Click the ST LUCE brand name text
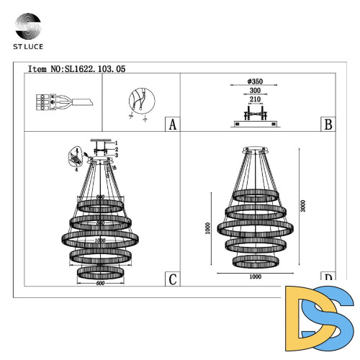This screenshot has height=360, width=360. click(x=27, y=48)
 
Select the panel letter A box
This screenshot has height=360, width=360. click(x=171, y=124)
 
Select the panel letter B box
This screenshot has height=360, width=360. click(x=328, y=124)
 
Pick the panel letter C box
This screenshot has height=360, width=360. click(x=171, y=279)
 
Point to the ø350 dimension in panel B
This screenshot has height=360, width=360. click(x=252, y=81)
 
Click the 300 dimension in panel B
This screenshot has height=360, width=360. click(x=252, y=91)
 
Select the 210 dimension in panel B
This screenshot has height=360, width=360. click(x=252, y=101)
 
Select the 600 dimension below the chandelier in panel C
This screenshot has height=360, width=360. click(x=100, y=283)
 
